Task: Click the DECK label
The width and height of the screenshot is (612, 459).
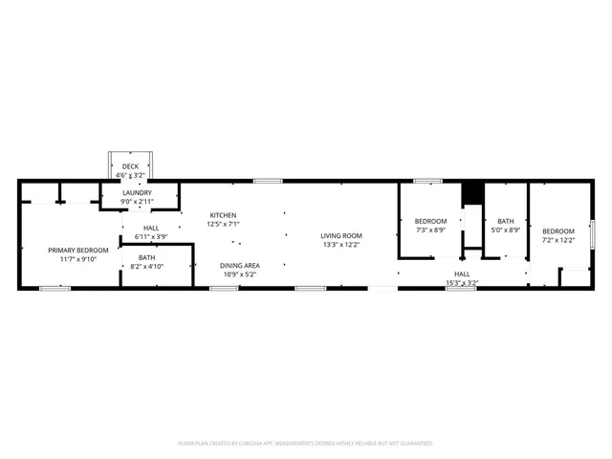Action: pyautogui.click(x=130, y=166)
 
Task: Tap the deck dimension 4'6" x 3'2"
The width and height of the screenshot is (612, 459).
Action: pyautogui.click(x=130, y=175)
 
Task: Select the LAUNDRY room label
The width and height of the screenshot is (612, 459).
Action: pyautogui.click(x=138, y=193)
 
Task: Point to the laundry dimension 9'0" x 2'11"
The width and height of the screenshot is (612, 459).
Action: pyautogui.click(x=138, y=202)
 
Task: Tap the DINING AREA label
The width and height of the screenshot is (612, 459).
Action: pyautogui.click(x=240, y=266)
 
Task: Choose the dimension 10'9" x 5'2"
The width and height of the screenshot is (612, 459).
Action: pyautogui.click(x=240, y=274)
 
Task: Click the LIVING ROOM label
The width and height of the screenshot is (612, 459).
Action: pyautogui.click(x=340, y=235)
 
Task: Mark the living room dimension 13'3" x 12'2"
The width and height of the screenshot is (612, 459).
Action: pyautogui.click(x=340, y=244)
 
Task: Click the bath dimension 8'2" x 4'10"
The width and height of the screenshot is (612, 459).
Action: pyautogui.click(x=146, y=266)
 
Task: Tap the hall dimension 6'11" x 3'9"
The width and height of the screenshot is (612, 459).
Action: pyautogui.click(x=151, y=236)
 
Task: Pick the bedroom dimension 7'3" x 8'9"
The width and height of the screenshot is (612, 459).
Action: pyautogui.click(x=431, y=229)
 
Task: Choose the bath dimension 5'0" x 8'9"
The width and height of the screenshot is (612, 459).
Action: pyautogui.click(x=505, y=229)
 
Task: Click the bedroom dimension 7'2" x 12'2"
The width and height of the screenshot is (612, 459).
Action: pyautogui.click(x=558, y=239)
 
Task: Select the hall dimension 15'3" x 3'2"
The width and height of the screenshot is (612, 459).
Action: pyautogui.click(x=462, y=283)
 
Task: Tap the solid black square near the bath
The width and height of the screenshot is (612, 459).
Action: pyautogui.click(x=470, y=193)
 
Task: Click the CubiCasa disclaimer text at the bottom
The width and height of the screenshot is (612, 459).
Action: pyautogui.click(x=306, y=443)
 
